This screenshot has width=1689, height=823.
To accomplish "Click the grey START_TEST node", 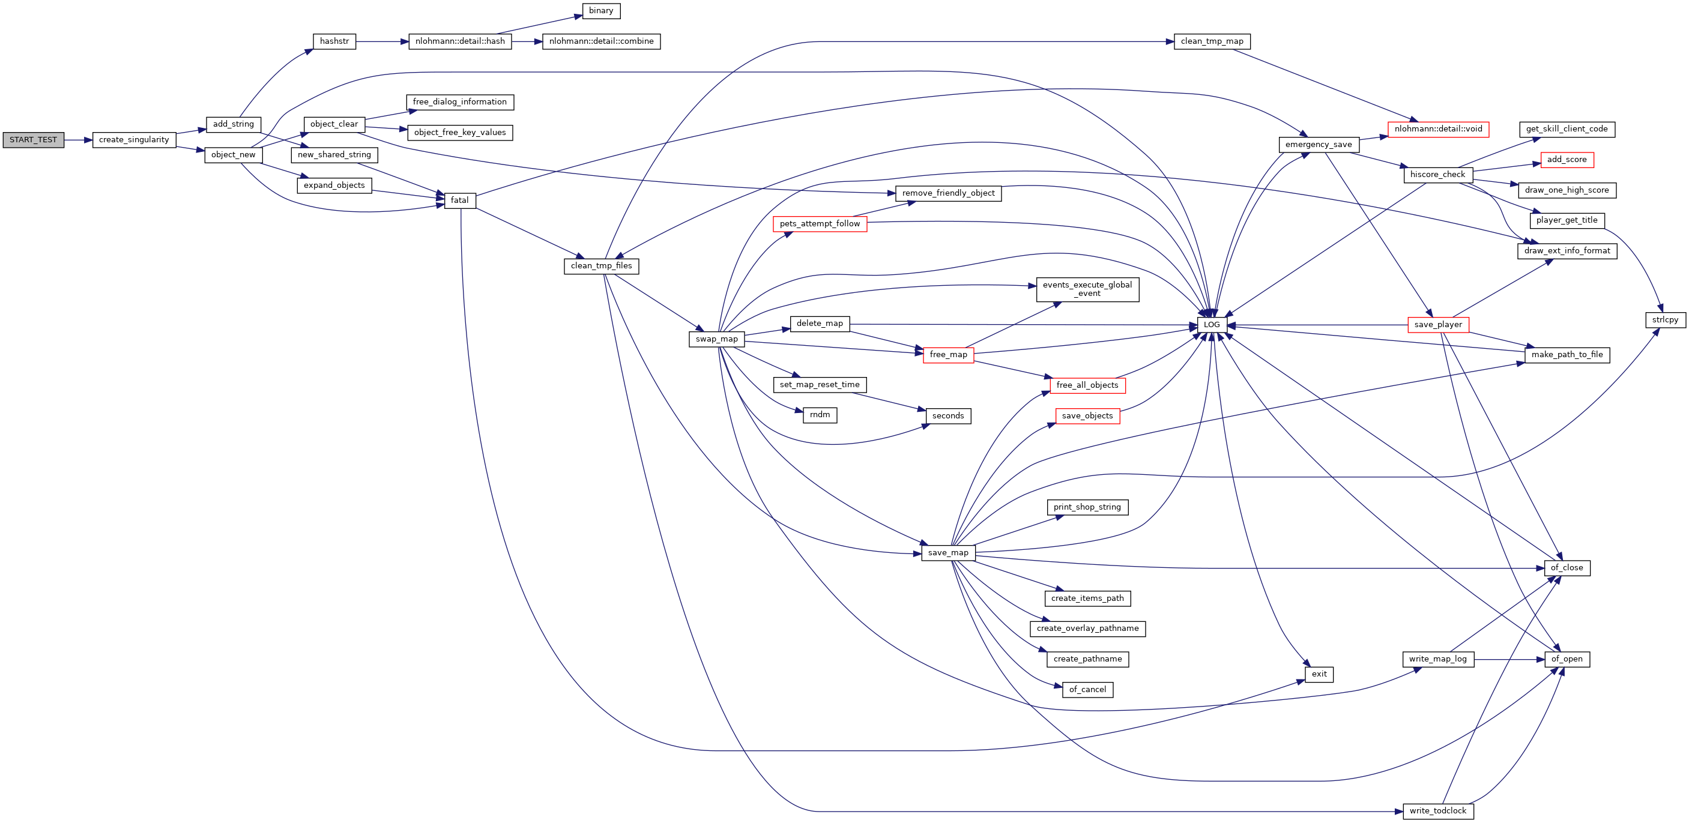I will tap(34, 140).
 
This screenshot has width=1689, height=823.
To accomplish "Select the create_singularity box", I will tap(134, 140).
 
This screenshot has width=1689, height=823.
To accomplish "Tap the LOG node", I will tap(1212, 325).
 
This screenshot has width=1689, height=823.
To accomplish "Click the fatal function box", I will tap(459, 200).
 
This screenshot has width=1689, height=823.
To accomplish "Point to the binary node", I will tap(600, 10).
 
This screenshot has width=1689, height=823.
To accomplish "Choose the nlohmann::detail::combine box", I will tap(601, 41).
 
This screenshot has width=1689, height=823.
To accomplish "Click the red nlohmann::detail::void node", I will tap(1438, 129).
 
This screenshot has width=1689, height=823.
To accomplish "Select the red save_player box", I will tap(1438, 325).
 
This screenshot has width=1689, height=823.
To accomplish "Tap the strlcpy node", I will tap(1665, 320).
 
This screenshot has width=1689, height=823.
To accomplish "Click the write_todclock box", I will tap(1438, 810).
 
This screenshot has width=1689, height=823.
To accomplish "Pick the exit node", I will tap(1319, 674).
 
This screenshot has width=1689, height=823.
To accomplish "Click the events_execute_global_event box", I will tap(1087, 289).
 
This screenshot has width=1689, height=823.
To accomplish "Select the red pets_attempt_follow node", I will tap(820, 224).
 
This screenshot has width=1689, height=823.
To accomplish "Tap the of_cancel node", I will tap(1087, 689).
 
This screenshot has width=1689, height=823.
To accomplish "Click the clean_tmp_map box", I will tap(1212, 41).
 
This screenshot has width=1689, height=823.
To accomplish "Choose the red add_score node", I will tap(1567, 159).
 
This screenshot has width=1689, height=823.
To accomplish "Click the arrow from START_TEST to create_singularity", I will tap(79, 140).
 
